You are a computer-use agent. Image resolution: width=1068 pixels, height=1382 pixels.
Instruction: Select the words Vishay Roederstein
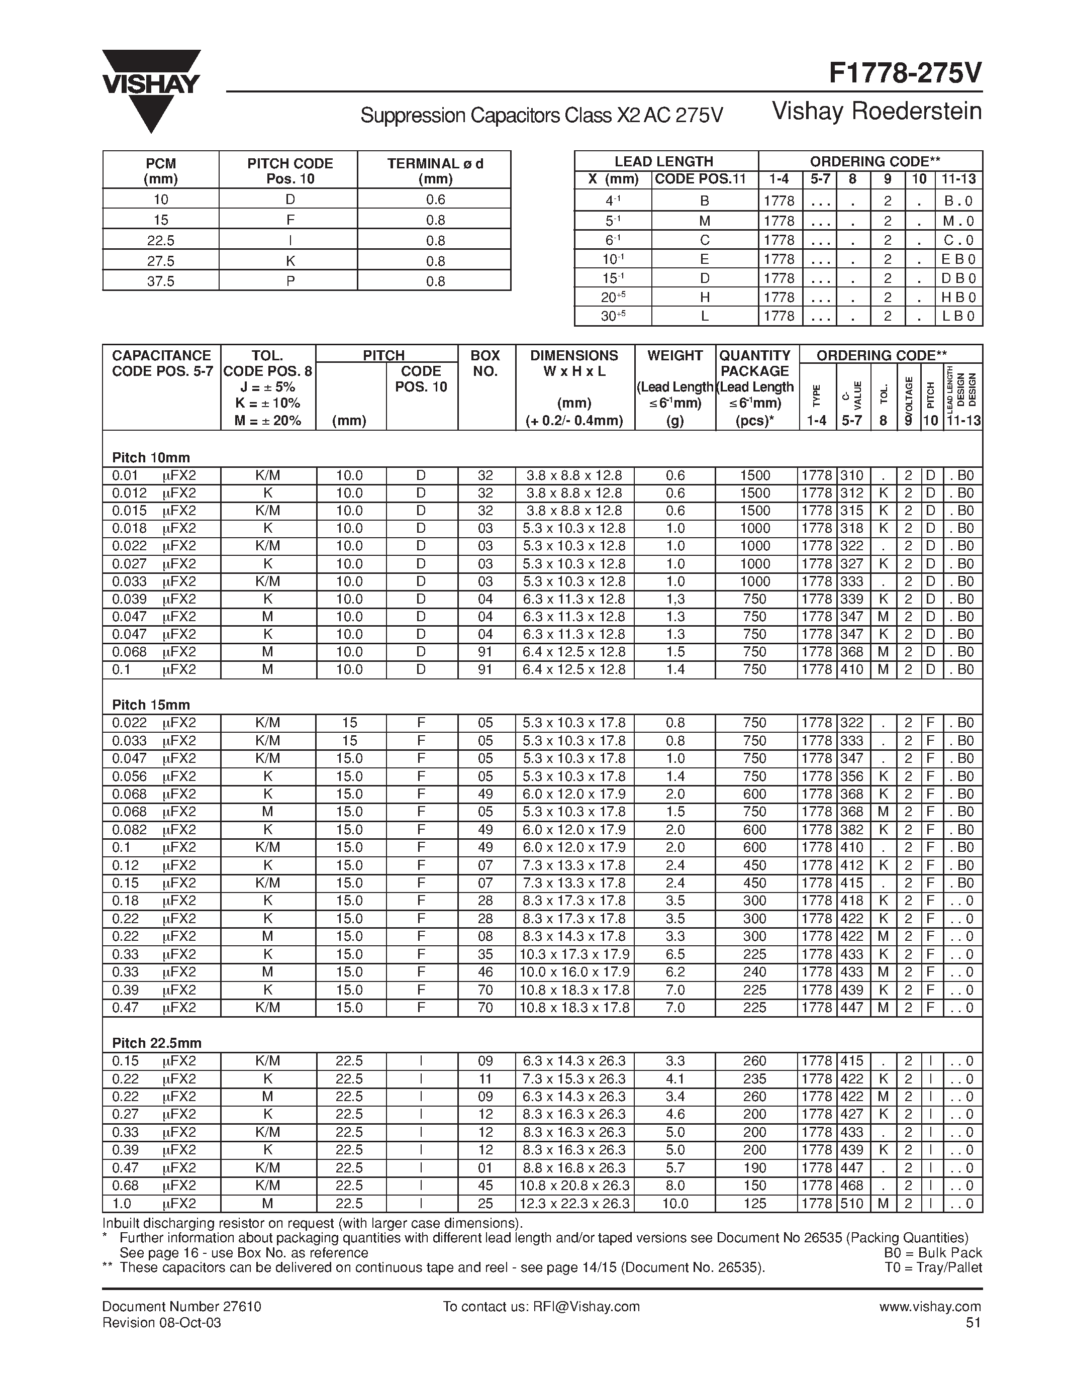click(877, 112)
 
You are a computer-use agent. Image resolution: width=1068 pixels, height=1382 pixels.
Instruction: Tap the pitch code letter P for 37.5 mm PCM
click(290, 281)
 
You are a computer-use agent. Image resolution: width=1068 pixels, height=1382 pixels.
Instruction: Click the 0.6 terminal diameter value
click(435, 200)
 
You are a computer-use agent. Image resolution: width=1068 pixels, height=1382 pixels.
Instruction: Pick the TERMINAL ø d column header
click(435, 170)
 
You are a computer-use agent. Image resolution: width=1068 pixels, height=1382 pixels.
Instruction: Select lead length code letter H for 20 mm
click(704, 297)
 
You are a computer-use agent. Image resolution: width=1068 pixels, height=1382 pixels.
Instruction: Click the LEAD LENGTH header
click(664, 161)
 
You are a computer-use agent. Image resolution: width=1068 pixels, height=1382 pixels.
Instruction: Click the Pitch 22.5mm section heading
click(156, 1043)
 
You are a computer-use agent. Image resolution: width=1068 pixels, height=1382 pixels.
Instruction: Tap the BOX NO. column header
click(486, 363)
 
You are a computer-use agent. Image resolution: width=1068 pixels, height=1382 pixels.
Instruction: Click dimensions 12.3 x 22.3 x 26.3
click(574, 1204)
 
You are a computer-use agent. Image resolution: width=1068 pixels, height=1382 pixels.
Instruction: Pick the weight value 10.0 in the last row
click(675, 1204)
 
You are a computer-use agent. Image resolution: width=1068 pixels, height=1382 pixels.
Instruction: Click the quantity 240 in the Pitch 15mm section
click(755, 972)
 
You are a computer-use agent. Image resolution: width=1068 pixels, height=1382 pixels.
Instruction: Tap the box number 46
click(486, 972)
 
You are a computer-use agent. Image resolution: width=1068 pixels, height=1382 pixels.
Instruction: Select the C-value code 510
click(851, 1204)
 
